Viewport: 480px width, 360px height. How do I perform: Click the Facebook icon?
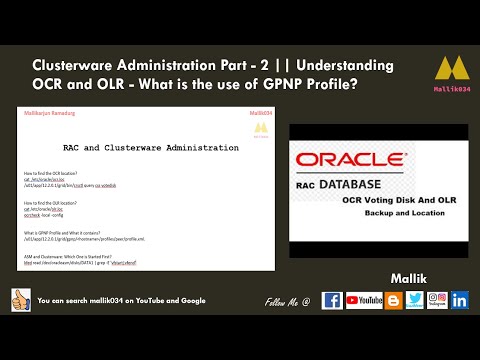point(333,300)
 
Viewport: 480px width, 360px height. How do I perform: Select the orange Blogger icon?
point(391,300)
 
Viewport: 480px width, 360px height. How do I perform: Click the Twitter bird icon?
point(413,300)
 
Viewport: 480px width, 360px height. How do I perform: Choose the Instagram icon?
point(436,300)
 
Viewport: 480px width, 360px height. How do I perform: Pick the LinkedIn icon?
point(460,300)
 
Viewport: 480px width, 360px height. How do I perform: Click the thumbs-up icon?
point(20,300)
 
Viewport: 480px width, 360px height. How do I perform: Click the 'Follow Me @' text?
point(288,300)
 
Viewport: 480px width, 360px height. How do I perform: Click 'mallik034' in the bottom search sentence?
point(113,300)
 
